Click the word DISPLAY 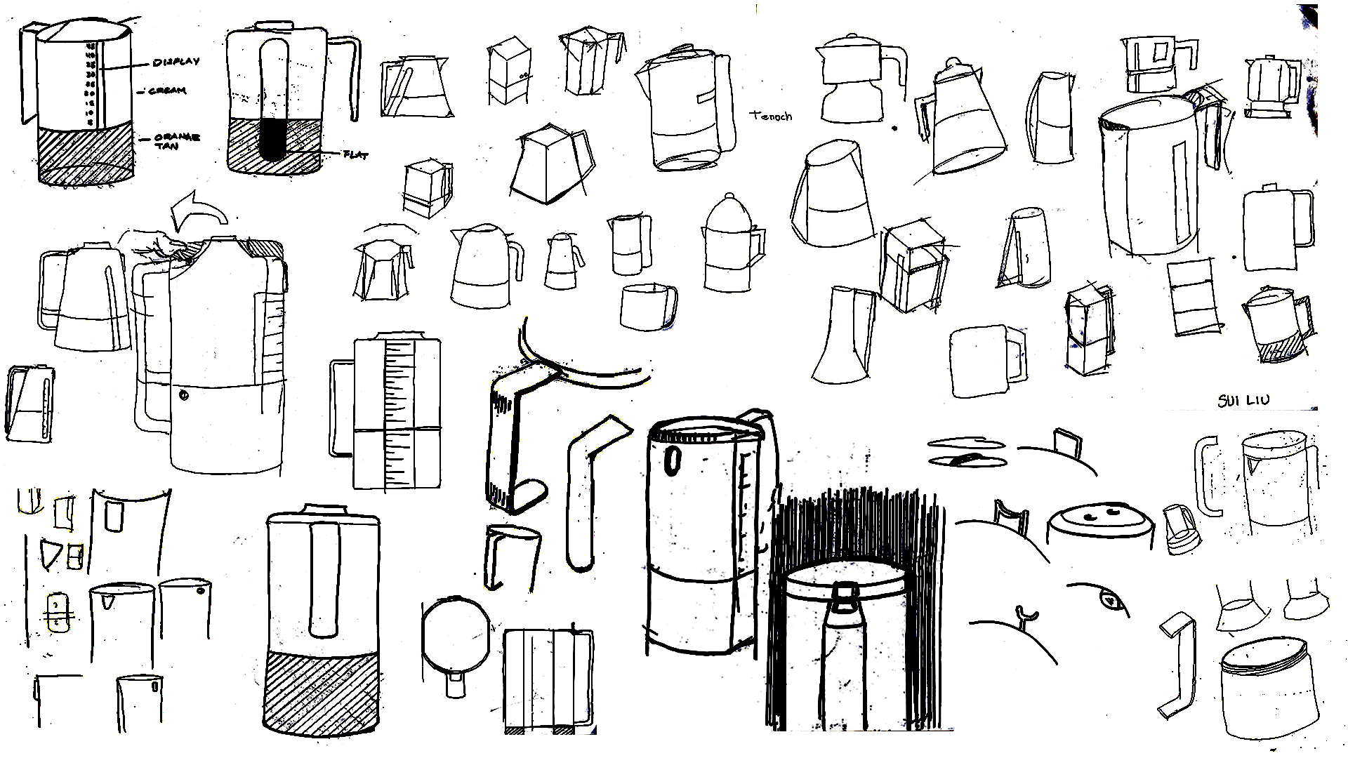coord(176,62)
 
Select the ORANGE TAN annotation coord(176,140)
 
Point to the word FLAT coord(355,154)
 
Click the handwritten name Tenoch coord(771,116)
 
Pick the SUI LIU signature coord(1243,401)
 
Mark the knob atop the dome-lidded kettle coord(729,197)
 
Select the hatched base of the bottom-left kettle coord(322,691)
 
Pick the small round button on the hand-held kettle coord(184,395)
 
